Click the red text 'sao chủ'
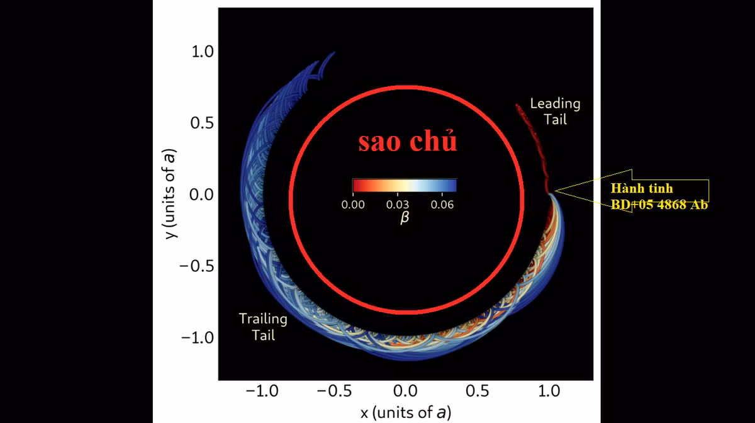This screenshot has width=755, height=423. point(408,142)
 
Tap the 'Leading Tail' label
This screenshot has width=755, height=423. point(555,111)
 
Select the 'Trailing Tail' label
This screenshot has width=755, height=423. point(263,327)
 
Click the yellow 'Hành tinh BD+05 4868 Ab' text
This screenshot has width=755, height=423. point(659,196)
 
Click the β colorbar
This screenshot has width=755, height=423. point(404,185)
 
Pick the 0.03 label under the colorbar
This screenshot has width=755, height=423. point(398,205)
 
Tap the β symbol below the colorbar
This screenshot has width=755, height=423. point(404,218)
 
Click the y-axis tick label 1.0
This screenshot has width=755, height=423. point(203,51)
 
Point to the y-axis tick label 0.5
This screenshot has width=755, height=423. point(203,123)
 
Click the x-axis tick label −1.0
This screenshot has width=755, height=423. point(261,391)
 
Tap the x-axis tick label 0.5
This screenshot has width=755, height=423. point(477,391)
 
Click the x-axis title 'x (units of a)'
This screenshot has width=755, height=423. point(405,412)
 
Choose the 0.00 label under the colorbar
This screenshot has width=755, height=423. point(353,205)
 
